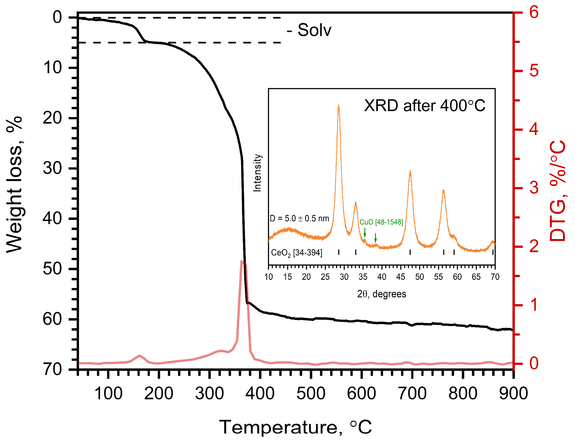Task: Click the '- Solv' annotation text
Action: pos(309,30)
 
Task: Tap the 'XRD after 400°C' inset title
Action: pos(424,106)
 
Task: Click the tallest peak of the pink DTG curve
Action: pos(242,261)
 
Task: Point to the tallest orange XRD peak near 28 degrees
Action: pos(338,106)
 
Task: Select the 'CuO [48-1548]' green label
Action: pos(381,222)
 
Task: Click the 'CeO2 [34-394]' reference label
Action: pos(296,253)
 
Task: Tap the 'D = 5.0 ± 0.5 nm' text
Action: pos(299,219)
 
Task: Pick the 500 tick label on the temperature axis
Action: pos(311,394)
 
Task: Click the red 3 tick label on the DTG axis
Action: pos(534,188)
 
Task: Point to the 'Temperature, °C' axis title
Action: pos(295,427)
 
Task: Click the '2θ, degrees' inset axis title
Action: pos(381,294)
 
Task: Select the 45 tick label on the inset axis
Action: pos(401,277)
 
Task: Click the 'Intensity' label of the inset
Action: pos(257,173)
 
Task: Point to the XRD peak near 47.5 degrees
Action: pos(410,172)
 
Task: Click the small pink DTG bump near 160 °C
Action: pos(139,356)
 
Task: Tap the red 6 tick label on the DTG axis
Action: pos(534,12)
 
